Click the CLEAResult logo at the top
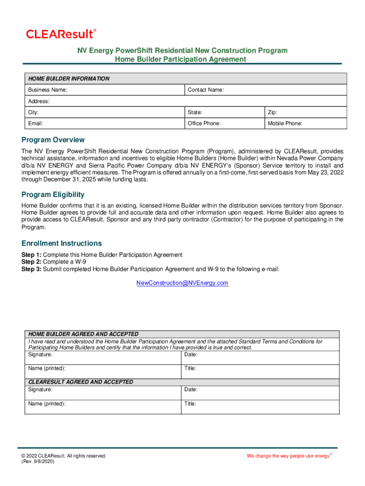pyautogui.click(x=61, y=34)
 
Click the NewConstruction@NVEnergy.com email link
pyautogui.click(x=182, y=283)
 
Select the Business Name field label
pyautogui.click(x=47, y=90)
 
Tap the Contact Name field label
pyautogui.click(x=206, y=90)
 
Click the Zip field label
pyautogui.click(x=273, y=112)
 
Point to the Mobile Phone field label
pyautogui.click(x=285, y=123)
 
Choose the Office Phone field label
pyautogui.click(x=204, y=123)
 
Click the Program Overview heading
pyautogui.click(x=53, y=140)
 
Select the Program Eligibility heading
pyautogui.click(x=53, y=195)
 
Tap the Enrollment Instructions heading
pyautogui.click(x=62, y=243)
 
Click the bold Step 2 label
pyautogui.click(x=31, y=262)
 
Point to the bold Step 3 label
pyautogui.click(x=31, y=269)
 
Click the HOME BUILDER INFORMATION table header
pyautogui.click(x=69, y=79)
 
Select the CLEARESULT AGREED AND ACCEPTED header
pyautogui.click(x=81, y=382)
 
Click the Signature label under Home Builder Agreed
pyautogui.click(x=40, y=355)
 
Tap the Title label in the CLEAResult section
pyautogui.click(x=190, y=404)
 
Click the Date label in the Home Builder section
pyautogui.click(x=191, y=355)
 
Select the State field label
pyautogui.click(x=195, y=112)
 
